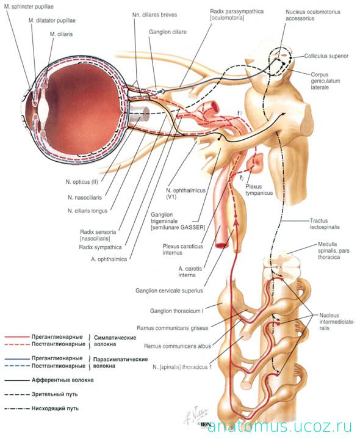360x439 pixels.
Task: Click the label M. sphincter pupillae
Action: point(29,7)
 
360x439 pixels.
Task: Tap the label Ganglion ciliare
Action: point(168,32)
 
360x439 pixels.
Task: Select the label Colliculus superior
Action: point(326,56)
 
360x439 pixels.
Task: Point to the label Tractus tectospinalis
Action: point(325,223)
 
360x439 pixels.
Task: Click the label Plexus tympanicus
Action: point(259,189)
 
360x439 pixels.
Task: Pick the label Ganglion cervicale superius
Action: point(169,291)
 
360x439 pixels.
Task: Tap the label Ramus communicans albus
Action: point(178,346)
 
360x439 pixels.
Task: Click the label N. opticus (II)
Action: point(82,182)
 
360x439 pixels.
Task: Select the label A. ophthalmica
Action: point(109,259)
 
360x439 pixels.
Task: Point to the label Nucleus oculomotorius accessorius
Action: point(313,15)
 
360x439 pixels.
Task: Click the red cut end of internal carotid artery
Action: point(222,246)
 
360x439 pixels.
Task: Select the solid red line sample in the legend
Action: point(17,336)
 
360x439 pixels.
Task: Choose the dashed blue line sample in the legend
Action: point(17,366)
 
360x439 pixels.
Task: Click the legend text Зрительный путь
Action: point(54,394)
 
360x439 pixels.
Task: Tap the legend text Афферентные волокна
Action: point(62,380)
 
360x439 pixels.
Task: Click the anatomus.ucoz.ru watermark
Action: point(279,427)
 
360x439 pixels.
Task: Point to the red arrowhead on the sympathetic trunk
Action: point(236,222)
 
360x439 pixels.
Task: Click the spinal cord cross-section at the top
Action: point(282,264)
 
